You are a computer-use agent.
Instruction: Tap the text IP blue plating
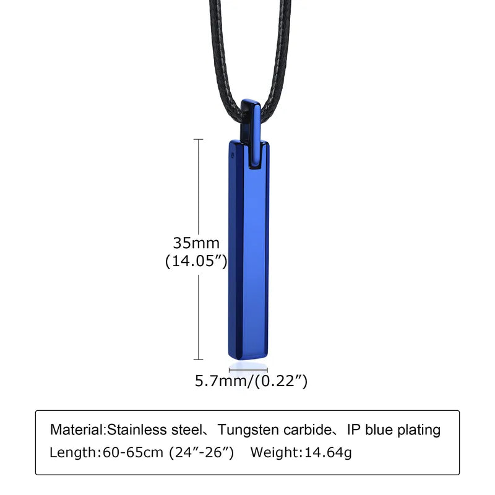tap(395, 429)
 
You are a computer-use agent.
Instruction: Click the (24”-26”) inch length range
tap(201, 452)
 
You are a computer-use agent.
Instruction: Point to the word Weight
tap(273, 452)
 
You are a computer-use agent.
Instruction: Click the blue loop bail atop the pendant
tap(250, 127)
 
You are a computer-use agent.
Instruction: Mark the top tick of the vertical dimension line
tap(199, 140)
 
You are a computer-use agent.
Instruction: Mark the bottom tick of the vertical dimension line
tap(199, 359)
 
